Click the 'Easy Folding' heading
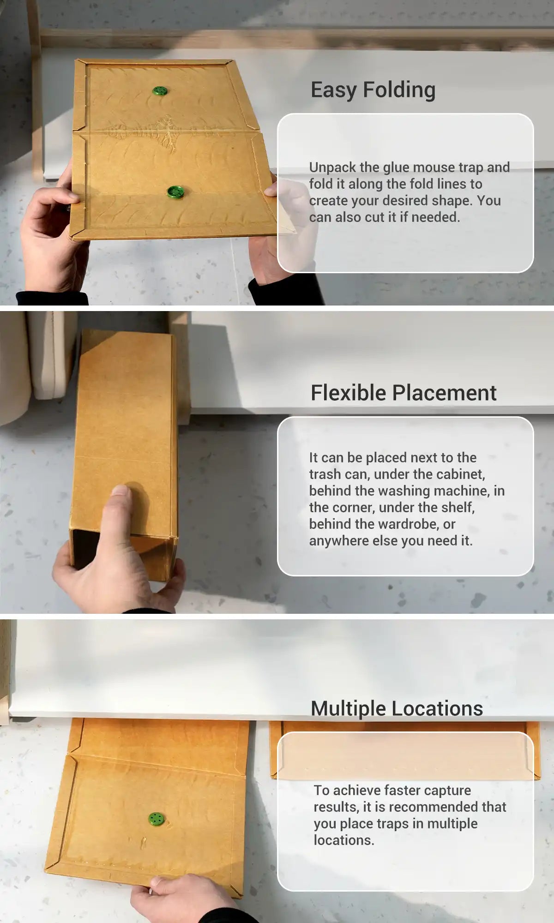tap(373, 90)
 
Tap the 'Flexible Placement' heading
tap(403, 393)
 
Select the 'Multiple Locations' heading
tap(397, 708)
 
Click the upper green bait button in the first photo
tap(160, 90)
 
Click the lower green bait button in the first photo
tap(175, 192)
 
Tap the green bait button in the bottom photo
tap(157, 819)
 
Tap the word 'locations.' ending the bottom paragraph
tap(343, 840)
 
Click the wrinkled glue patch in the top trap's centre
tap(143, 132)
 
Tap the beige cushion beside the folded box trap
tap(51, 355)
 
